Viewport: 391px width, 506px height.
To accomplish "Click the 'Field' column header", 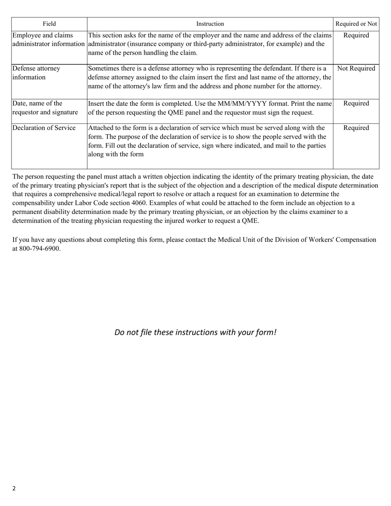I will coord(49,24).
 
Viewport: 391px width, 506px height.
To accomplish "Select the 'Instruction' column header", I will coord(210,24).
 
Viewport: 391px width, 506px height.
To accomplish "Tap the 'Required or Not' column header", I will coord(356,24).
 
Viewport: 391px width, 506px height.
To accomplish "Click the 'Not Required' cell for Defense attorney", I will coord(356,69).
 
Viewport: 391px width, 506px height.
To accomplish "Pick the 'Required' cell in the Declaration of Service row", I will coord(356,128).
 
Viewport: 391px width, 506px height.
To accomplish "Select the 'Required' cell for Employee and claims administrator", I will coord(356,35).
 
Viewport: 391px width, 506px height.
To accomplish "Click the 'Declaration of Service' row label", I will coord(44,128).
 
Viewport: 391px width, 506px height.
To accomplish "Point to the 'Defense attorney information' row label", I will coord(36,73).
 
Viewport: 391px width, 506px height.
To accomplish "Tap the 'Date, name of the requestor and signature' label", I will coord(45,108).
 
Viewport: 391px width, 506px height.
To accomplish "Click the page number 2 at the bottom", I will coord(14,489).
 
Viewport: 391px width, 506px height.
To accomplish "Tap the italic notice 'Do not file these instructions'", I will coord(195,332).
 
